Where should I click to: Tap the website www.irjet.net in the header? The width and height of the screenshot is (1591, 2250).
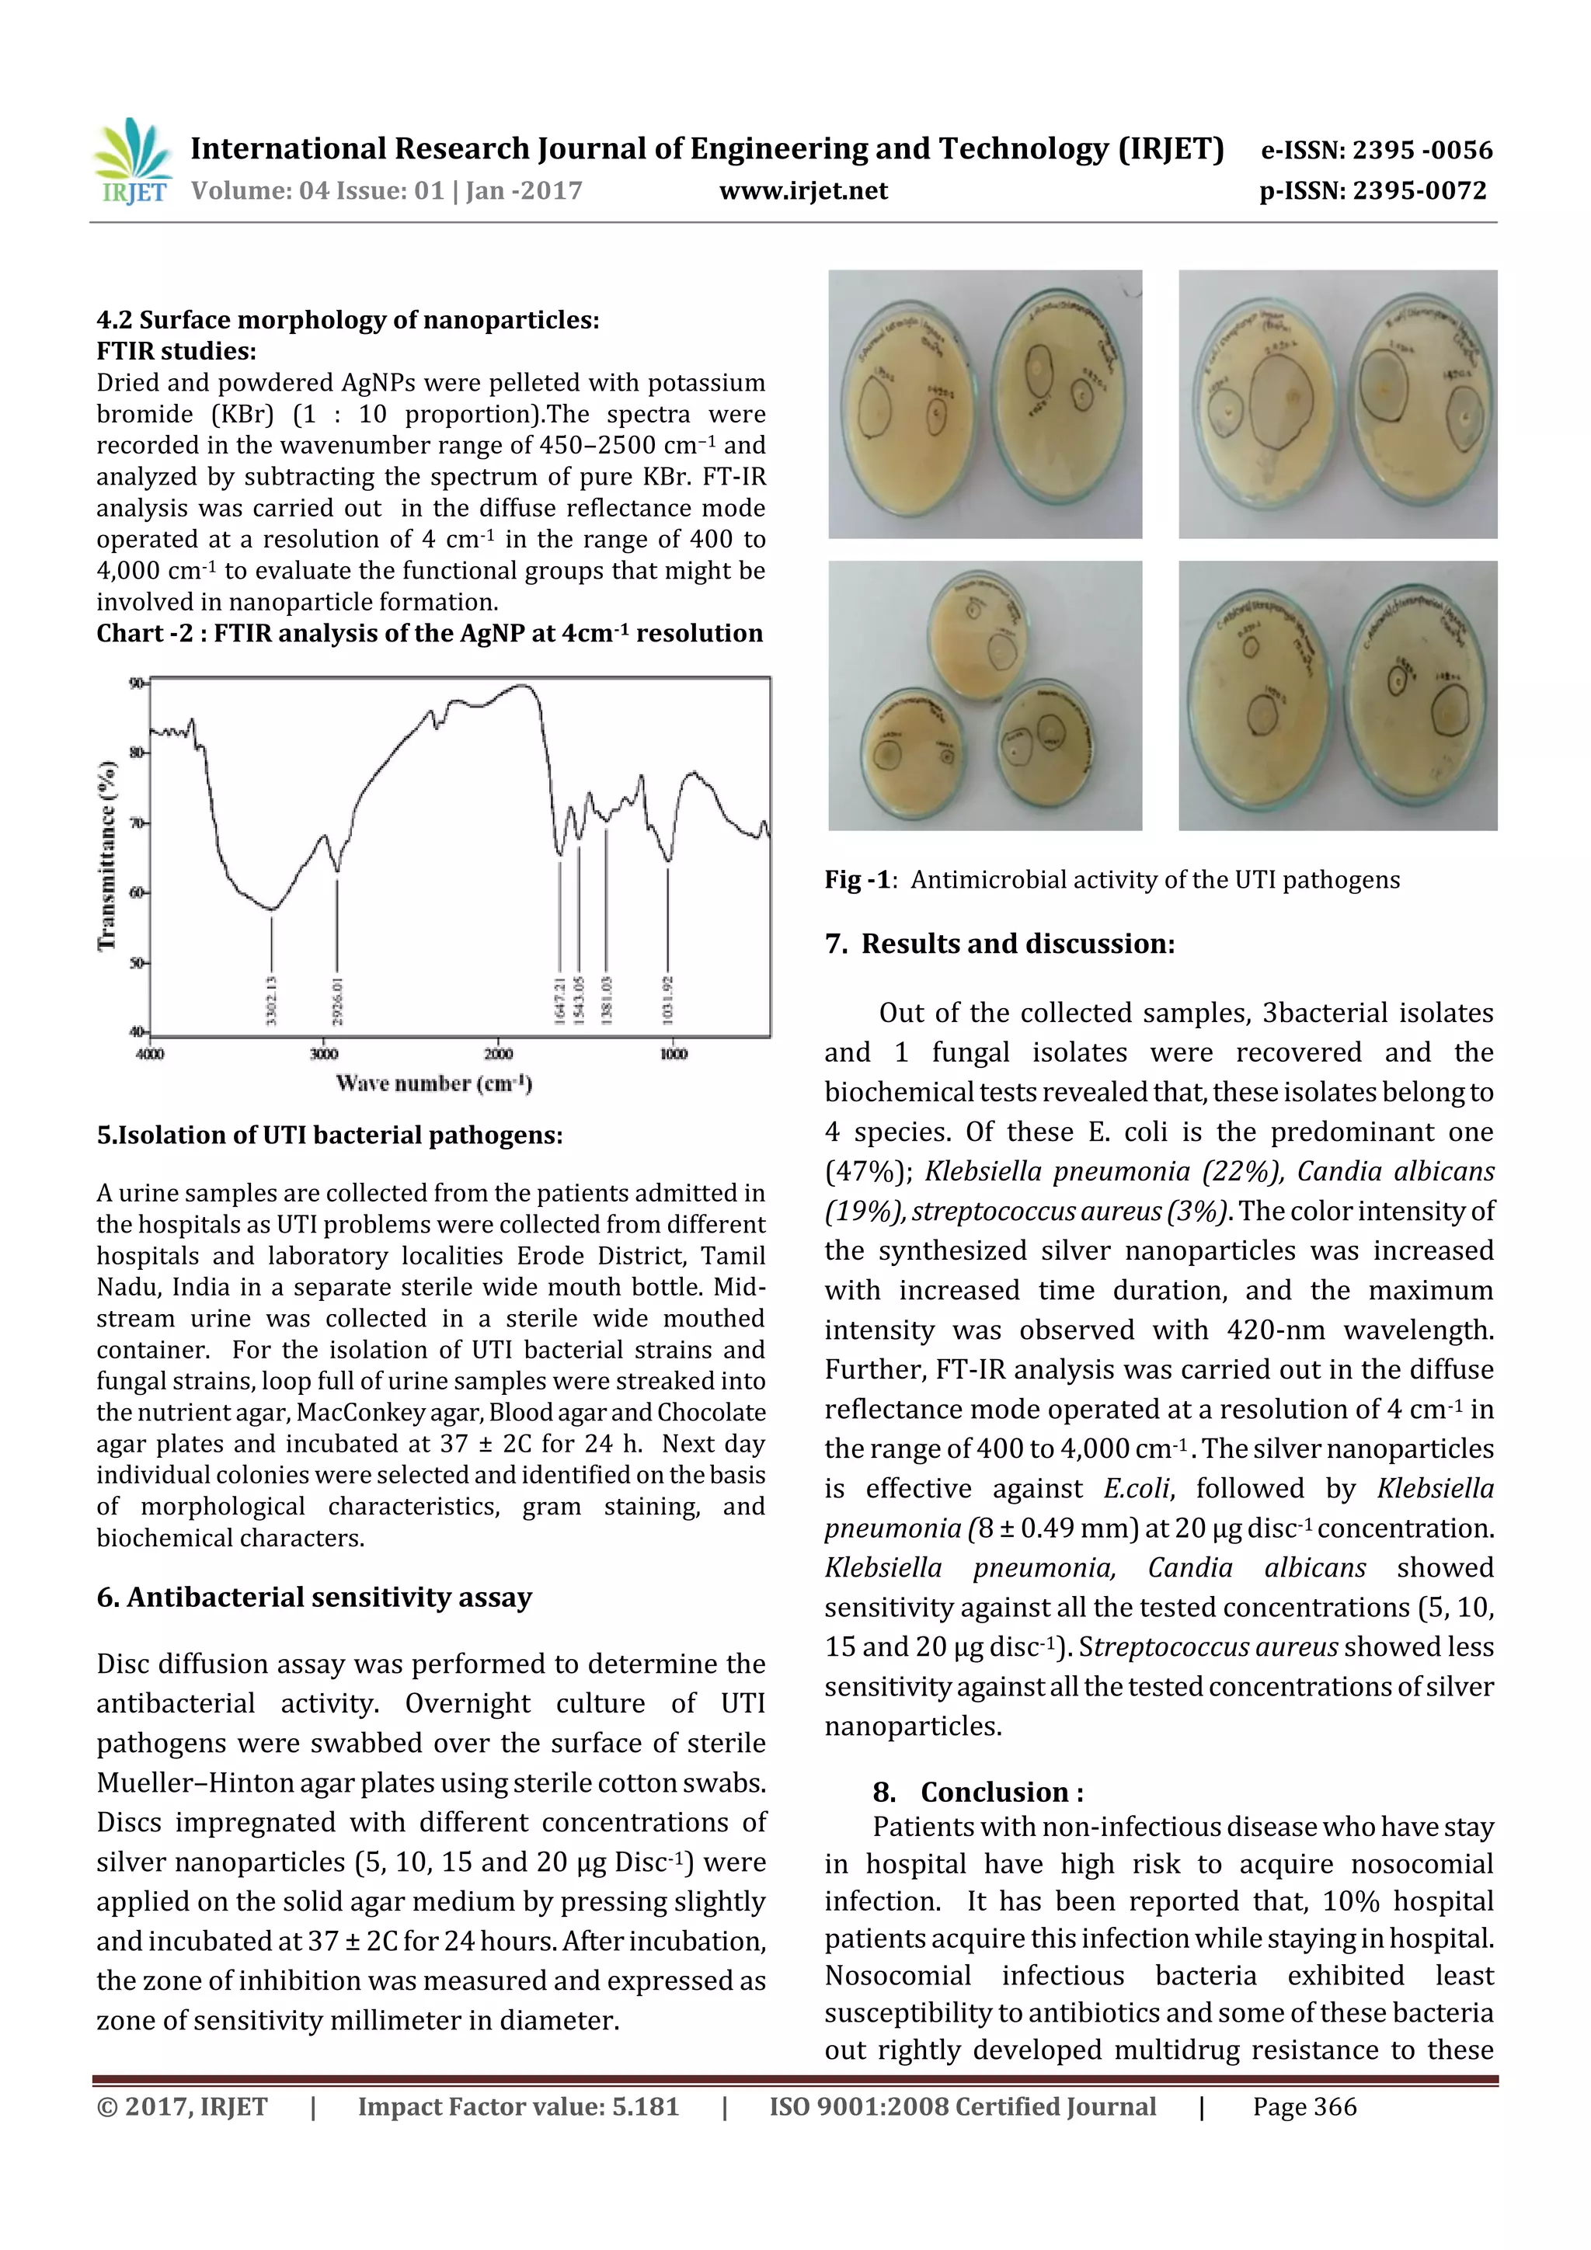[x=802, y=191]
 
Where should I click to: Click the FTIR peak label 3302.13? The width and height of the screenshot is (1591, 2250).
[x=272, y=1000]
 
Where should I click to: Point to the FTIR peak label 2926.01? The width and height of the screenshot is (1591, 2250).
[x=337, y=1000]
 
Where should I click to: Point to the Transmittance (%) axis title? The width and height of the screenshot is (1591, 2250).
[x=107, y=856]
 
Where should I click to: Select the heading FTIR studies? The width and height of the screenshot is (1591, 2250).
[x=176, y=351]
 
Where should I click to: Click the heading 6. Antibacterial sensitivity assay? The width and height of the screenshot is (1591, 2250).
[x=314, y=1598]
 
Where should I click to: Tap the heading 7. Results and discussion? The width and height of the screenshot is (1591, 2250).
[x=999, y=944]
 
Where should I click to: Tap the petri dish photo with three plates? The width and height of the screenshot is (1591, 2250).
[x=984, y=695]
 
